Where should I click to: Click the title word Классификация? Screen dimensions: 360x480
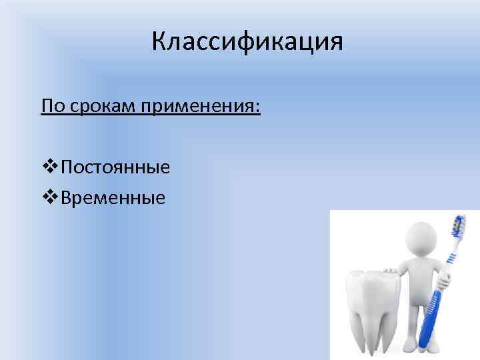[247, 42]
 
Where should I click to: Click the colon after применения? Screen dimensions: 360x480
[257, 108]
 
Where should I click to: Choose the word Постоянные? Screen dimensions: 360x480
[115, 166]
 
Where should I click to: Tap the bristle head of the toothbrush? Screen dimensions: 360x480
[459, 227]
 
